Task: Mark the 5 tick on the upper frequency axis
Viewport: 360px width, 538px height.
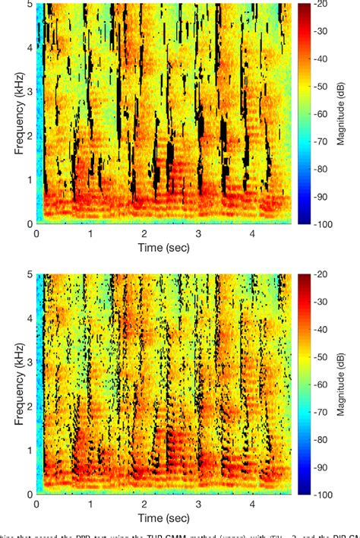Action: pyautogui.click(x=29, y=5)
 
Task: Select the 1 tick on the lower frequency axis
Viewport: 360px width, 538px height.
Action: pyautogui.click(x=29, y=450)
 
